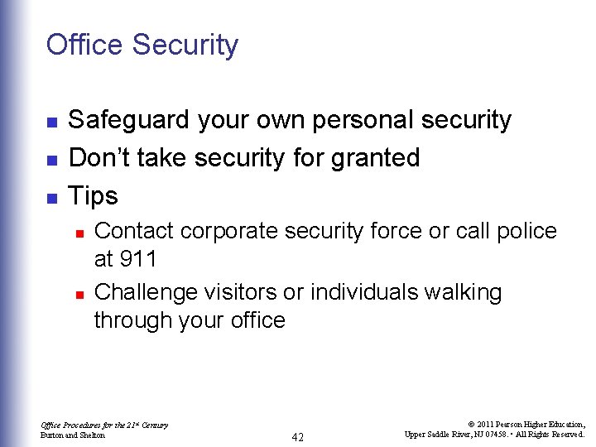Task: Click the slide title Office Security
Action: click(142, 45)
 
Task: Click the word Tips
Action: click(93, 196)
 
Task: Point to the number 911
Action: click(137, 259)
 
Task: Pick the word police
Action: click(526, 232)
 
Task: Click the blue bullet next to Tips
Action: click(51, 199)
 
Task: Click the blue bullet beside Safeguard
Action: click(51, 123)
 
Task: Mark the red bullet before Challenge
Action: click(79, 294)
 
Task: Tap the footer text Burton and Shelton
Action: click(74, 435)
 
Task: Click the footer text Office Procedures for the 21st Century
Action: click(104, 425)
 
